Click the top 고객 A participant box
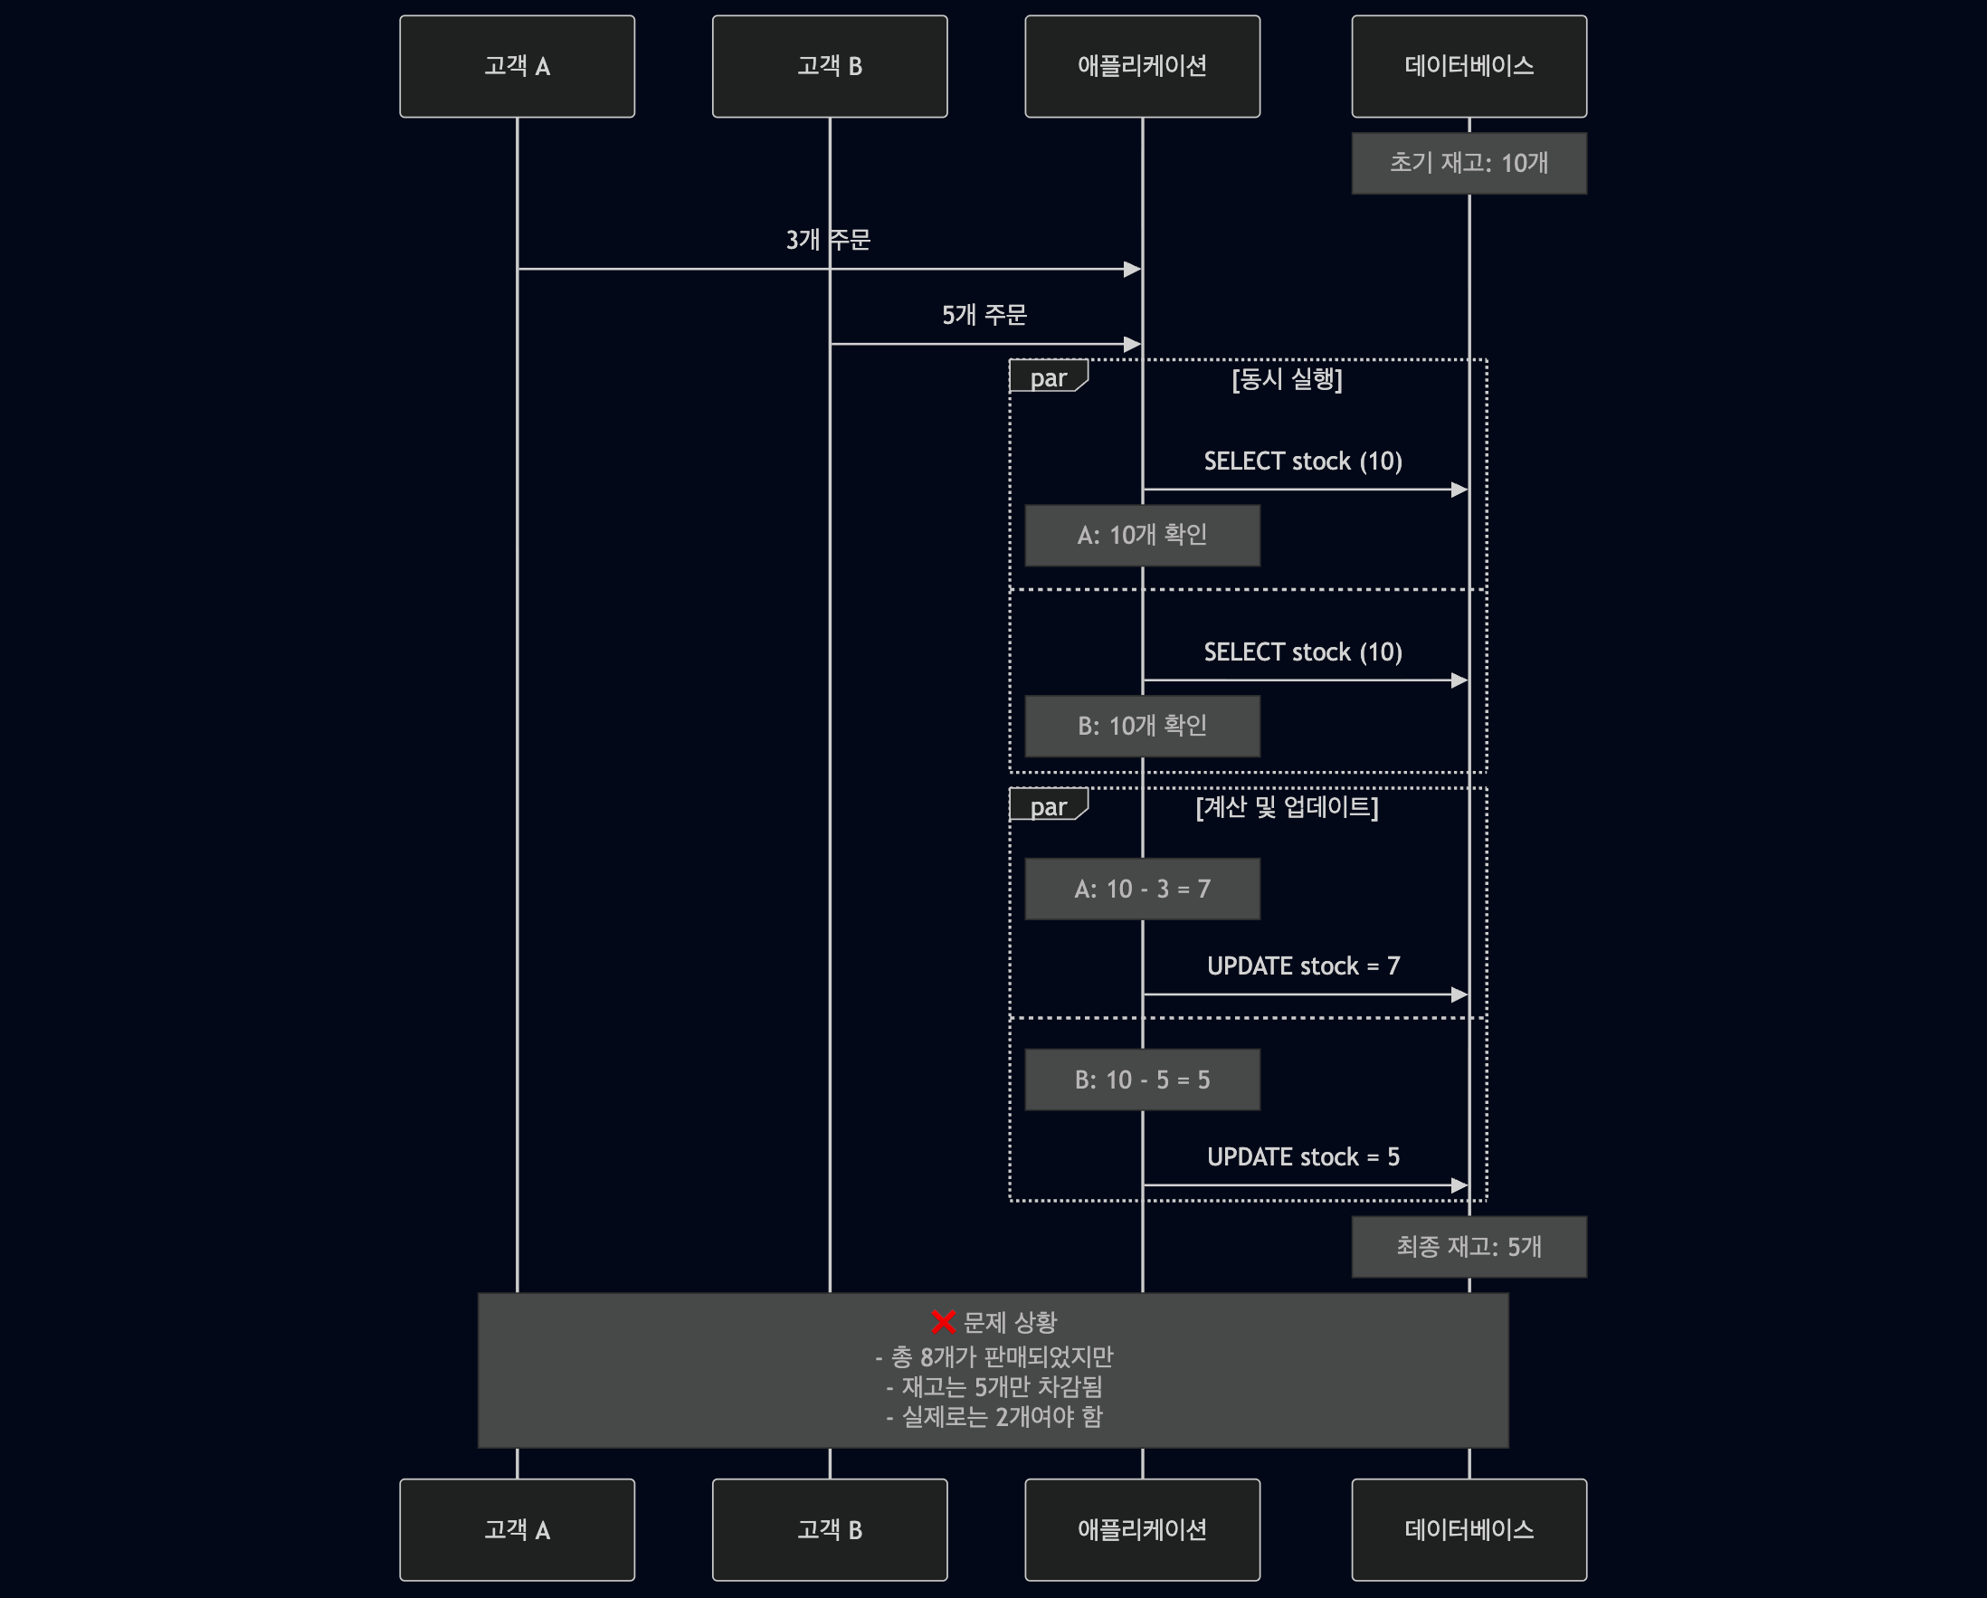[x=517, y=66]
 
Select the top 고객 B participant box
[x=830, y=66]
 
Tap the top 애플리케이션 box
[x=1142, y=66]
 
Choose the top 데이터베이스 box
[x=1469, y=66]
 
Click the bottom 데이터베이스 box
[x=1469, y=1530]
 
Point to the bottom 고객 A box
[x=517, y=1530]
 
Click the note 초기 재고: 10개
[x=1469, y=163]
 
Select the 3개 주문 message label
[x=828, y=240]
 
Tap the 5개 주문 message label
[x=984, y=315]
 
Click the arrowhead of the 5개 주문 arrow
[x=1133, y=345]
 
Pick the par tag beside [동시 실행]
[x=1048, y=378]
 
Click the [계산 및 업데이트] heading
[x=1287, y=807]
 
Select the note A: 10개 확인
[x=1142, y=536]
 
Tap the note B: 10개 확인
[x=1142, y=727]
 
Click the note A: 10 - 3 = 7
[x=1142, y=889]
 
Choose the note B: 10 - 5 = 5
[x=1142, y=1080]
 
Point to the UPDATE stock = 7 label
[x=1303, y=965]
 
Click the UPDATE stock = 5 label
[x=1303, y=1156]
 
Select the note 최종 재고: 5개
[x=1469, y=1247]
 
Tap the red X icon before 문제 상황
[x=943, y=1322]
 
